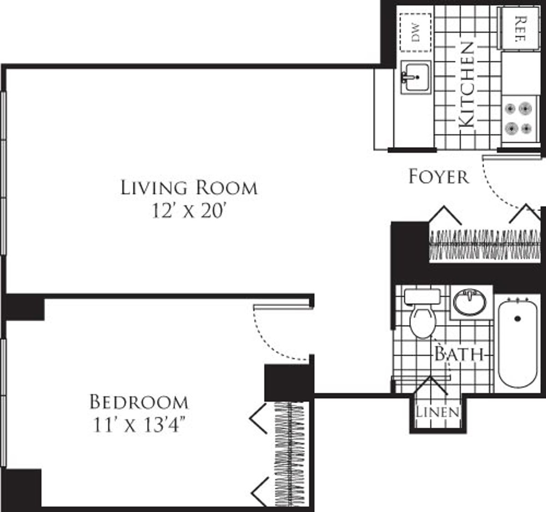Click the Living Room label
(x=189, y=188)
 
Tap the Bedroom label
(x=139, y=402)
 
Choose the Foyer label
(x=438, y=177)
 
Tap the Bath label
(x=458, y=354)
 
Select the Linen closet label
(x=437, y=412)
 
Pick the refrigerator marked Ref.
(x=520, y=28)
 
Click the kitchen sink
(x=415, y=78)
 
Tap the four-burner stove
(x=519, y=118)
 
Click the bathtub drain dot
(x=517, y=319)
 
